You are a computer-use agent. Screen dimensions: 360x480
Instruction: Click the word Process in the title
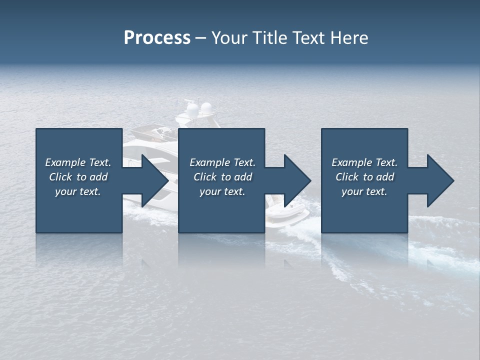pyautogui.click(x=157, y=37)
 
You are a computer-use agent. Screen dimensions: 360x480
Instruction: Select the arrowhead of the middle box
pyautogui.click(x=296, y=180)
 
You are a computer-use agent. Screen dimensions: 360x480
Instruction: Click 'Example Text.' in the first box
pyautogui.click(x=78, y=162)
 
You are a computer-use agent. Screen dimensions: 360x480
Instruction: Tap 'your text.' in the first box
pyautogui.click(x=78, y=191)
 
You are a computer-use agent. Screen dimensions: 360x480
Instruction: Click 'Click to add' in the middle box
pyautogui.click(x=222, y=177)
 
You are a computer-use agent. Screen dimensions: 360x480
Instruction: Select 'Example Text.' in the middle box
pyautogui.click(x=222, y=162)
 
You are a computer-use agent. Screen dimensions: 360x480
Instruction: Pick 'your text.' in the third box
pyautogui.click(x=364, y=191)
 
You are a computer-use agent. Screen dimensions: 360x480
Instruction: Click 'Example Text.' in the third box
pyautogui.click(x=364, y=162)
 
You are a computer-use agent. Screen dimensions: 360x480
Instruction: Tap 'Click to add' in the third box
pyautogui.click(x=364, y=177)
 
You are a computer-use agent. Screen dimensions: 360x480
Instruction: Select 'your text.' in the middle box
pyautogui.click(x=222, y=191)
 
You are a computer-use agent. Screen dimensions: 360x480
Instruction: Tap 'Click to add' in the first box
pyautogui.click(x=78, y=177)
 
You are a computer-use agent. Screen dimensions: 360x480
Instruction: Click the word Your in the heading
pyautogui.click(x=229, y=37)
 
